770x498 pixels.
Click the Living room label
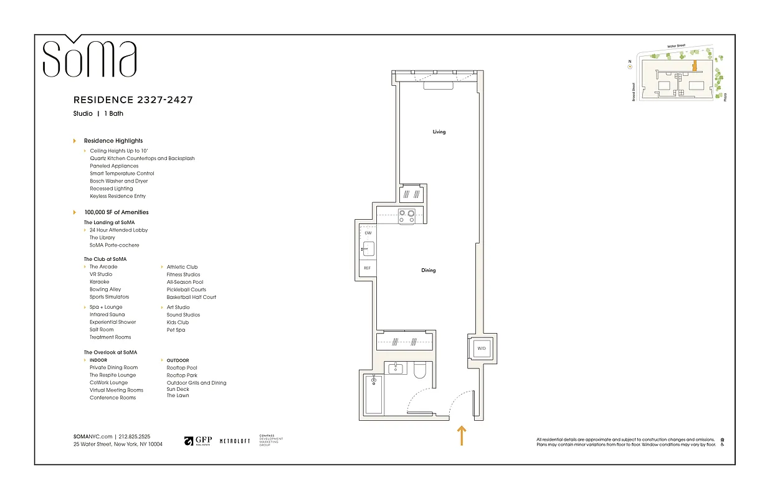439,132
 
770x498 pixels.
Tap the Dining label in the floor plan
428,270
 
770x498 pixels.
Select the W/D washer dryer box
482,349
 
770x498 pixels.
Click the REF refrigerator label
368,268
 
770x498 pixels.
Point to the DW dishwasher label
368,233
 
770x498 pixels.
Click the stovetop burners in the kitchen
407,215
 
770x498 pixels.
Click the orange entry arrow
462,435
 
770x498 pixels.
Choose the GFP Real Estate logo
199,441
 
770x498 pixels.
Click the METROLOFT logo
235,441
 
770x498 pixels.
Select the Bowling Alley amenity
105,289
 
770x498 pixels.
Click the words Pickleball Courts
186,289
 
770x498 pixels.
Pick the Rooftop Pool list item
182,368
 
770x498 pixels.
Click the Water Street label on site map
676,45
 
